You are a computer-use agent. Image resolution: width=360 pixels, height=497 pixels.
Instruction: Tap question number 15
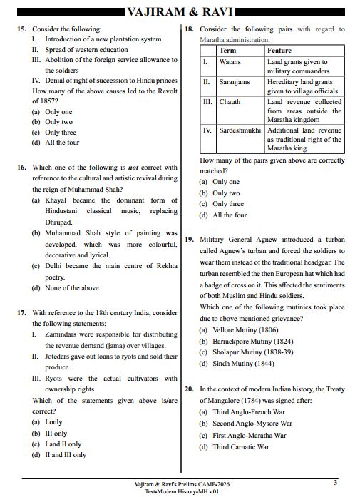point(21,29)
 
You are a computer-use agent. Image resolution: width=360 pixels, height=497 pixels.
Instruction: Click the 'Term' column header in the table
point(227,51)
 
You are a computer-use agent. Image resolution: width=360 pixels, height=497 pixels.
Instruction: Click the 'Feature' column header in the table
point(279,51)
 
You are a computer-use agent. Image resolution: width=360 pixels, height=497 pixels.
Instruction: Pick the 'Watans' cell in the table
point(230,63)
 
